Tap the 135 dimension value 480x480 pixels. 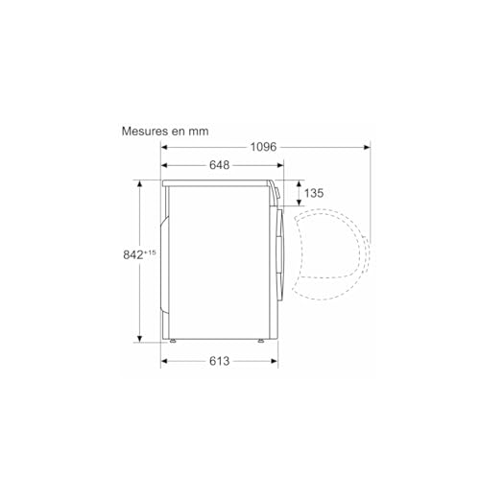pos(313,193)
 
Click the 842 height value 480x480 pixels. pos(133,254)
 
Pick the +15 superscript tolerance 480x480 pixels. pos(151,252)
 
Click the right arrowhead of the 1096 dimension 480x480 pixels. pos(367,147)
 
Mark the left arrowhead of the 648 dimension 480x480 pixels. pos(164,166)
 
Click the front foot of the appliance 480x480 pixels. pos(259,339)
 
